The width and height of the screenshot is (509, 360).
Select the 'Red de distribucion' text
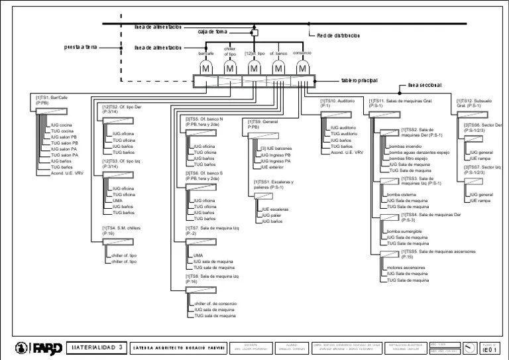coord(338,35)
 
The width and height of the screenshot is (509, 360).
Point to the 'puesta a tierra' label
coord(81,47)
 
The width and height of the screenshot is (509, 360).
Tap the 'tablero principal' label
coord(359,80)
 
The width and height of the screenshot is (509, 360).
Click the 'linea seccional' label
coord(425,85)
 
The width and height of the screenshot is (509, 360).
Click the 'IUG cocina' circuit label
coord(62,125)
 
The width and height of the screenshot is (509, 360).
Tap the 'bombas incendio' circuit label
coord(406,146)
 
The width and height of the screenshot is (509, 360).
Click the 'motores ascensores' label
coord(406,268)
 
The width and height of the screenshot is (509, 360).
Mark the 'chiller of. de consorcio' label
coord(215,303)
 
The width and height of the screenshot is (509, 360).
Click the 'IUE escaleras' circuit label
coord(274,209)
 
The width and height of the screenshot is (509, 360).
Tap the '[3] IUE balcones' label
coord(275,149)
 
